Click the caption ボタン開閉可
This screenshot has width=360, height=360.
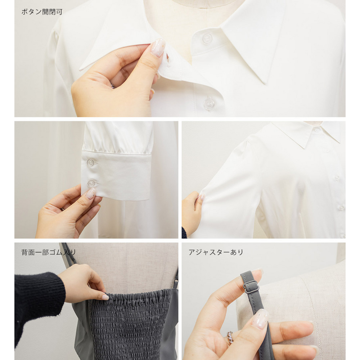(42, 12)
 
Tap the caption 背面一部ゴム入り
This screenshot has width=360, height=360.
(49, 252)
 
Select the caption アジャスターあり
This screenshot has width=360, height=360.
(216, 252)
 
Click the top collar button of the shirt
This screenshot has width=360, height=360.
(207, 39)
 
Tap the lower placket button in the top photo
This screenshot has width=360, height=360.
(209, 103)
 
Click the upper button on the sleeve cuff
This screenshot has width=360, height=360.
(91, 163)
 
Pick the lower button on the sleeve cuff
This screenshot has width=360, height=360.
(92, 183)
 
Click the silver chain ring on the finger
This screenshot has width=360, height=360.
(230, 337)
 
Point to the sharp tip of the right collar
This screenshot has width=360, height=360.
(266, 84)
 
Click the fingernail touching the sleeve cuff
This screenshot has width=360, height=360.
(91, 193)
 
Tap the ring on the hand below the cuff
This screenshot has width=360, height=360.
(62, 209)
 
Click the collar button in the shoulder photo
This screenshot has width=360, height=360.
(317, 130)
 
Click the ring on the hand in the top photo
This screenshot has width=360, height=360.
(112, 86)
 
